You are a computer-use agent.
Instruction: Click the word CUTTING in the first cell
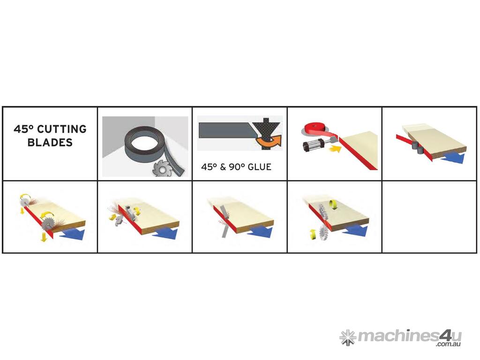point(62,129)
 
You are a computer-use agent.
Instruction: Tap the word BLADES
point(50,142)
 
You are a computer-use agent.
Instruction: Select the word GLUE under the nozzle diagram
point(260,167)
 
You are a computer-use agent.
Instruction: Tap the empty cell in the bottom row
point(429,217)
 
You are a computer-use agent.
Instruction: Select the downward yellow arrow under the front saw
point(44,236)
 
